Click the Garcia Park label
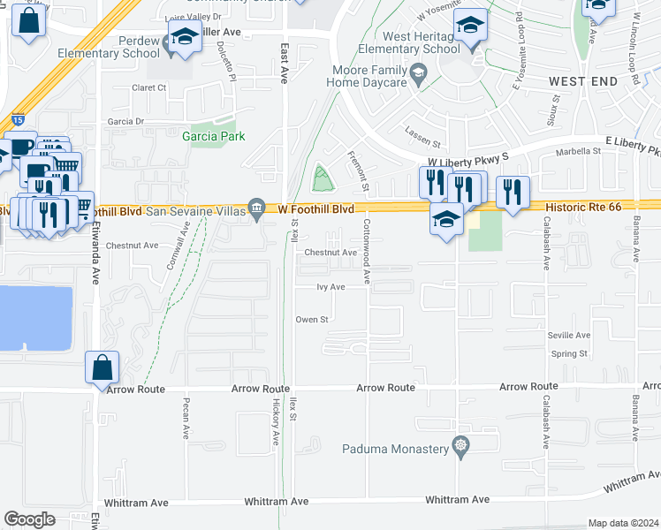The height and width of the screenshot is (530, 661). (213, 136)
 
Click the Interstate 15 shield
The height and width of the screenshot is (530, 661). (19, 118)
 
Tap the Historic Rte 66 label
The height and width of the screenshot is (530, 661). (583, 205)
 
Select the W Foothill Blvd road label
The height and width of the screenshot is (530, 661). (316, 209)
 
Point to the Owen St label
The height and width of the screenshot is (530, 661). (312, 320)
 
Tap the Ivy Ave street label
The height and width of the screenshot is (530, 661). (330, 287)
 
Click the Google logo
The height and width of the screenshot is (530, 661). (30, 519)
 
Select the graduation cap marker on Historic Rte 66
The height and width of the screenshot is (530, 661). (447, 220)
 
